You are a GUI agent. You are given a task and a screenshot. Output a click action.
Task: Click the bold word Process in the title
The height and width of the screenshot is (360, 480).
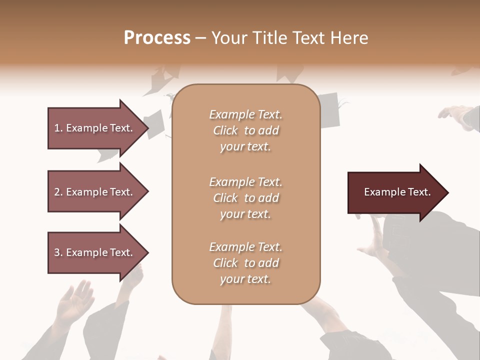(x=157, y=38)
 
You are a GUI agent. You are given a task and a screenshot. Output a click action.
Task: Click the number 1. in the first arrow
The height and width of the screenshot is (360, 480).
(x=58, y=128)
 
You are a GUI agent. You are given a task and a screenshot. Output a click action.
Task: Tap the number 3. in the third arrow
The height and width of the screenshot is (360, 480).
(x=58, y=252)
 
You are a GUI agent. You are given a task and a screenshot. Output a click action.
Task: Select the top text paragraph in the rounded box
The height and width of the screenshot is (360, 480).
(x=245, y=130)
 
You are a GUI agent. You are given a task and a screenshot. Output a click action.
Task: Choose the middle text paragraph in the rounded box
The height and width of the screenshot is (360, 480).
(x=245, y=198)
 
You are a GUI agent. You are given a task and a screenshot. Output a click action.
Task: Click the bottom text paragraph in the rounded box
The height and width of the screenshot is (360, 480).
(x=245, y=263)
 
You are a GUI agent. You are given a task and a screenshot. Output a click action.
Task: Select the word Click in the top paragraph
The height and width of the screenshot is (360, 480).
(x=225, y=130)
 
